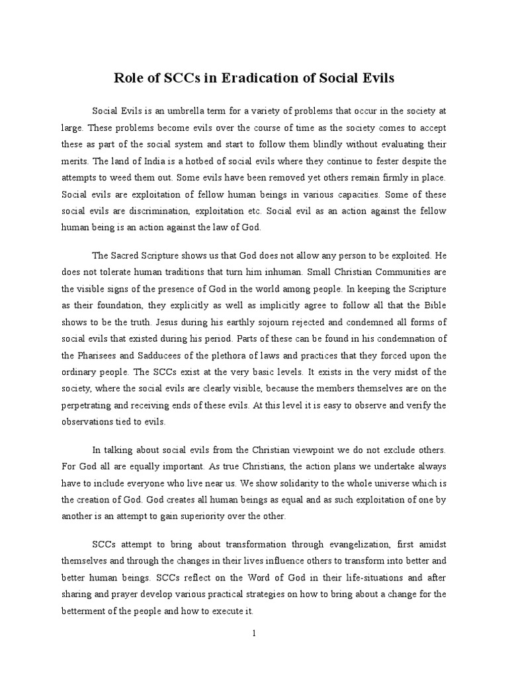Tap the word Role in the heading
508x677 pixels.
click(129, 79)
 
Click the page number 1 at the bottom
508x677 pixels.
click(254, 651)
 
